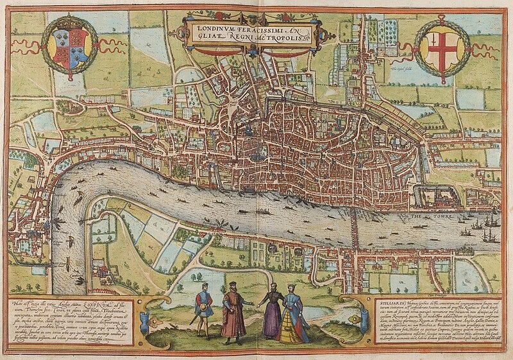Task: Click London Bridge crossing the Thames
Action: pyautogui.click(x=354, y=225)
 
